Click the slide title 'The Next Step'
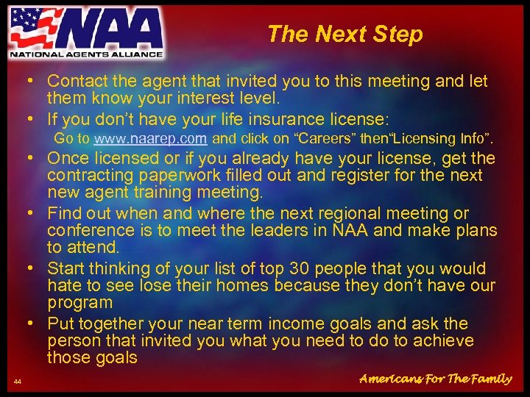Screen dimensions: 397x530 pyautogui.click(x=344, y=34)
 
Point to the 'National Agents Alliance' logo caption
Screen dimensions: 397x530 pyautogui.click(x=86, y=53)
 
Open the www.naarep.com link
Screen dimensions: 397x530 pyautogui.click(x=151, y=138)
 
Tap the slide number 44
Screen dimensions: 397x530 pyautogui.click(x=17, y=380)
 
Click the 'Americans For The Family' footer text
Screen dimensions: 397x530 pyautogui.click(x=435, y=379)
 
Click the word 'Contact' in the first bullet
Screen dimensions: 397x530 pyautogui.click(x=76, y=81)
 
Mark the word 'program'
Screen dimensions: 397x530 pyautogui.click(x=79, y=302)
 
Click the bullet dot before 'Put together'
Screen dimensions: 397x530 pyautogui.click(x=33, y=323)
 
